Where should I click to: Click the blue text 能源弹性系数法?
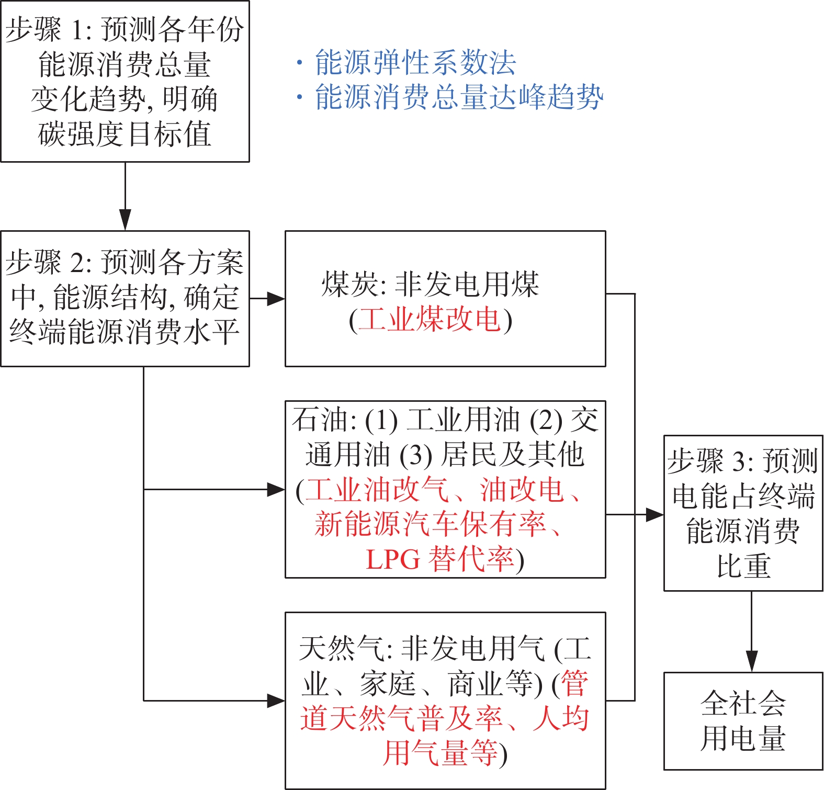(x=415, y=63)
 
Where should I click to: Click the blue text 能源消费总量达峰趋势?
(x=459, y=97)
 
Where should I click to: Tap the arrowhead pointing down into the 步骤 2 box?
(x=125, y=220)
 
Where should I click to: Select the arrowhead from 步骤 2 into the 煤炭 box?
(x=275, y=299)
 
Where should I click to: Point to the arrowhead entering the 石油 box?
(x=275, y=490)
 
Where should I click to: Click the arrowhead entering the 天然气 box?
(x=275, y=701)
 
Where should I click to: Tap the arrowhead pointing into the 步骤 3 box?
(x=654, y=515)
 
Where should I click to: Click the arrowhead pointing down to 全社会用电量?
(x=752, y=662)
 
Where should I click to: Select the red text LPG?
(x=392, y=559)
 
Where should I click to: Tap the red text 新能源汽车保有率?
(x=431, y=524)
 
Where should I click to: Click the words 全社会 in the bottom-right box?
(x=743, y=703)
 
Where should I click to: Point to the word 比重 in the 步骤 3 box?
(x=743, y=566)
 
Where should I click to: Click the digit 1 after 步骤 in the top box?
(x=77, y=30)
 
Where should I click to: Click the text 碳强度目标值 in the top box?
(x=125, y=134)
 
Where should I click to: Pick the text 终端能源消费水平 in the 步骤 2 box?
(x=125, y=332)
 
